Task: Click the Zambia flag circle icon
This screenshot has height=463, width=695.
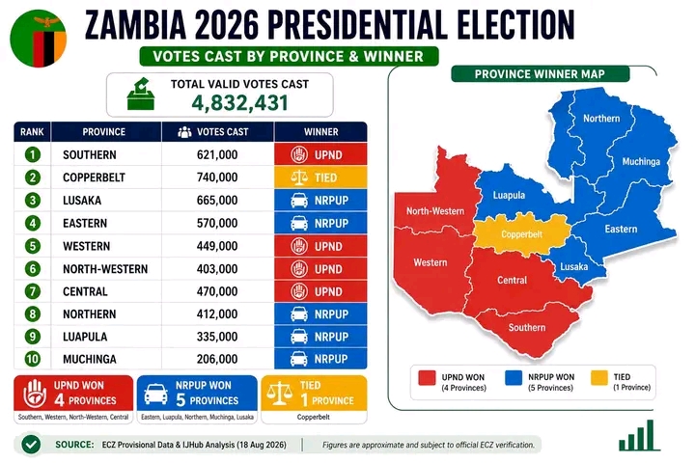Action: pyautogui.click(x=38, y=39)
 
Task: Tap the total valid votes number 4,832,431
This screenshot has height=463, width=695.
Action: pyautogui.click(x=239, y=103)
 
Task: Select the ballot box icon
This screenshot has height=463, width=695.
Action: pyautogui.click(x=141, y=94)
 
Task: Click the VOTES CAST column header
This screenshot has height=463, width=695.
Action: pyautogui.click(x=212, y=132)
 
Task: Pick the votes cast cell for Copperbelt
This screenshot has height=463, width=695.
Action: pyautogui.click(x=217, y=177)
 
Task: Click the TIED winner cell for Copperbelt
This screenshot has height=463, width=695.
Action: pyautogui.click(x=320, y=177)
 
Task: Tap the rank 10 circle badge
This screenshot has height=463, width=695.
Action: pyautogui.click(x=33, y=359)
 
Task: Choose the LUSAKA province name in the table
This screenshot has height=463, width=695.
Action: pyautogui.click(x=82, y=201)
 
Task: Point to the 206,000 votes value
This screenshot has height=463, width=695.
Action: pyautogui.click(x=217, y=359)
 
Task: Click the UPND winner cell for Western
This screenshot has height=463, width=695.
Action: pyautogui.click(x=320, y=246)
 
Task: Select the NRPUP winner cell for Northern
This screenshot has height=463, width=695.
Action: pyautogui.click(x=320, y=314)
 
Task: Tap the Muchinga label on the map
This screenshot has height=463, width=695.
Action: pyautogui.click(x=641, y=162)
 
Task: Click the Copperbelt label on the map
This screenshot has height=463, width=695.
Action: pyautogui.click(x=521, y=234)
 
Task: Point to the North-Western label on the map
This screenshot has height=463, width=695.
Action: pyautogui.click(x=435, y=211)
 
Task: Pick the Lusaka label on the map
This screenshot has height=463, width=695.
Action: pyautogui.click(x=574, y=267)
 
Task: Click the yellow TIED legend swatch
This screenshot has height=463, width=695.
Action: pyautogui.click(x=598, y=378)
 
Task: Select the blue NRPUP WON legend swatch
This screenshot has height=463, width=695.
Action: pyautogui.click(x=514, y=378)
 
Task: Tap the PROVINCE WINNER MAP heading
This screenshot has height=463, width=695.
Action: pyautogui.click(x=540, y=74)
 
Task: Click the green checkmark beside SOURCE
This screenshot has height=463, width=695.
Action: pyautogui.click(x=31, y=445)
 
